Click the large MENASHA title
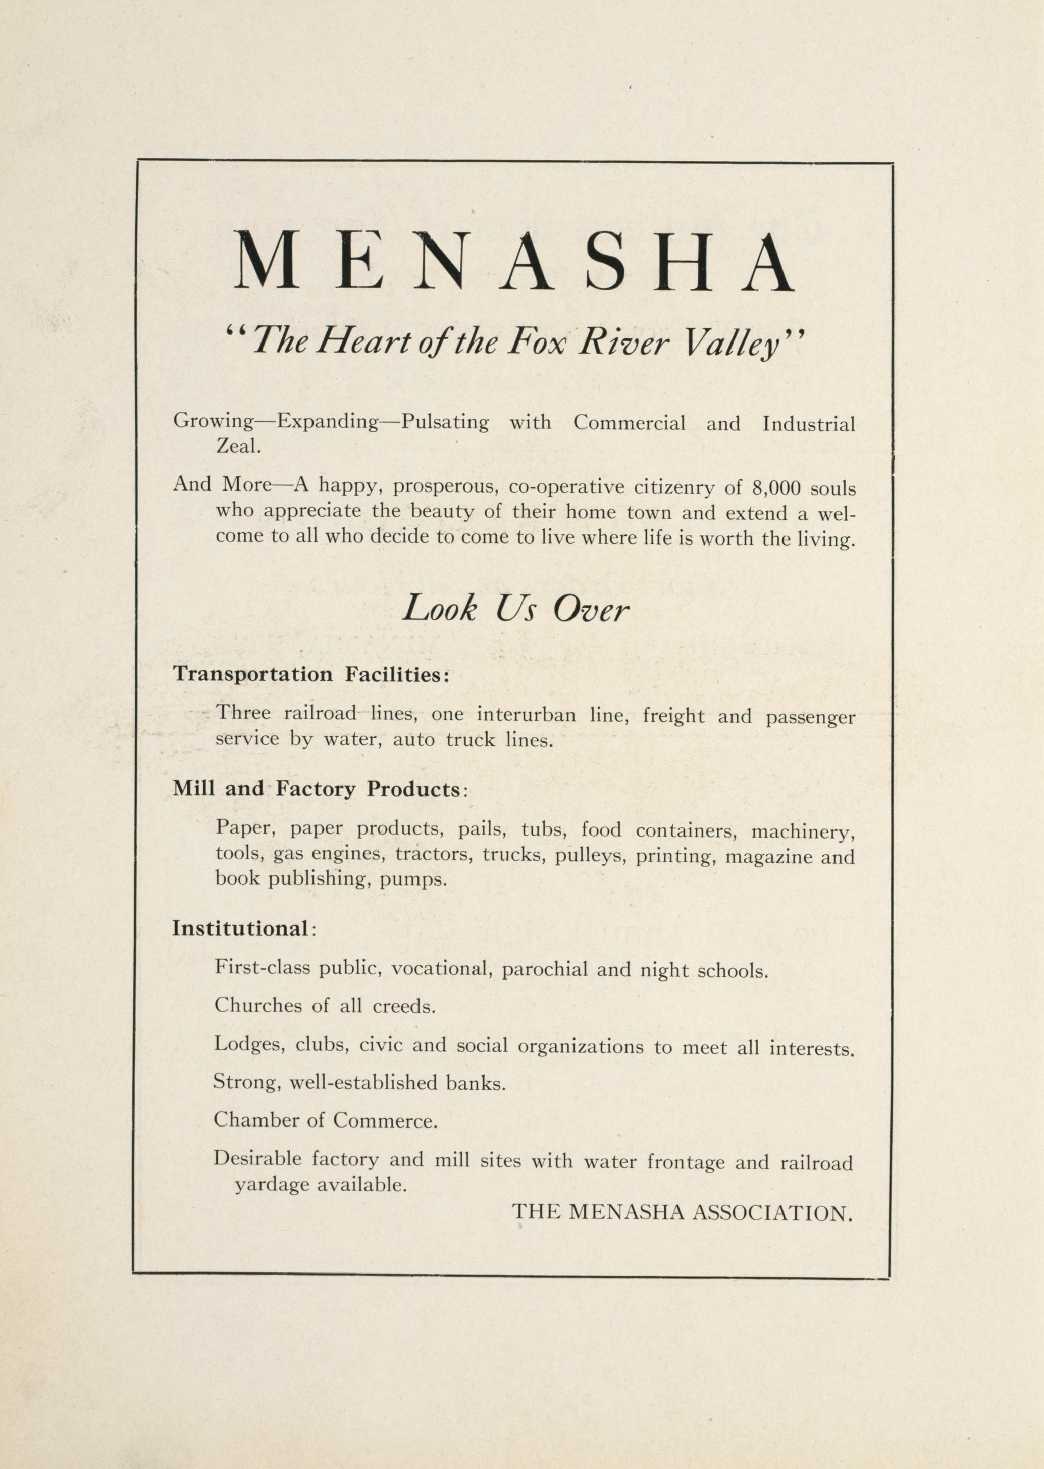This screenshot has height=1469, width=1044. click(x=513, y=262)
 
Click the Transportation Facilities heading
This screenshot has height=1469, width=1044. click(x=310, y=675)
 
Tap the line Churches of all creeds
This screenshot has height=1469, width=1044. click(x=325, y=1006)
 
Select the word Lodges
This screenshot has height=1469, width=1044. click(x=249, y=1045)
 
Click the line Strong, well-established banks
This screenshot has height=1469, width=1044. click(x=359, y=1083)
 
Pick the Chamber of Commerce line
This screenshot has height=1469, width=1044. click(x=325, y=1120)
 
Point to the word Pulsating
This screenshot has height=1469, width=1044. click(x=445, y=422)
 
